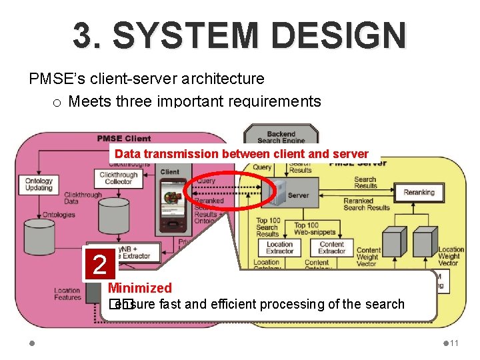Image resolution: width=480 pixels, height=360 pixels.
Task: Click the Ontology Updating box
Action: pyautogui.click(x=39, y=184)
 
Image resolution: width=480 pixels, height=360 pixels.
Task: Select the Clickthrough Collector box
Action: pyautogui.click(x=119, y=178)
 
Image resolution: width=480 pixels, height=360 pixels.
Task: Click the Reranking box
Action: pyautogui.click(x=419, y=193)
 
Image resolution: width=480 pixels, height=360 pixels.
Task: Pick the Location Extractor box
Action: pyautogui.click(x=279, y=247)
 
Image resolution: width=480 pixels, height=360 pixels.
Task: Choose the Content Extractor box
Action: pyautogui.click(x=331, y=247)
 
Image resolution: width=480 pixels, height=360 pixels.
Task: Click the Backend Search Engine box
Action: pyautogui.click(x=281, y=137)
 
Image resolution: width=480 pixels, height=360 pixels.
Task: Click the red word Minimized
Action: pyautogui.click(x=140, y=288)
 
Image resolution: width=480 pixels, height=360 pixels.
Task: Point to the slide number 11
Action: pyautogui.click(x=454, y=343)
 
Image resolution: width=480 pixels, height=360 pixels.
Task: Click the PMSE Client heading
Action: pyautogui.click(x=124, y=139)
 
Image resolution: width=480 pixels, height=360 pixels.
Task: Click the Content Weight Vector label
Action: pyautogui.click(x=368, y=257)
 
